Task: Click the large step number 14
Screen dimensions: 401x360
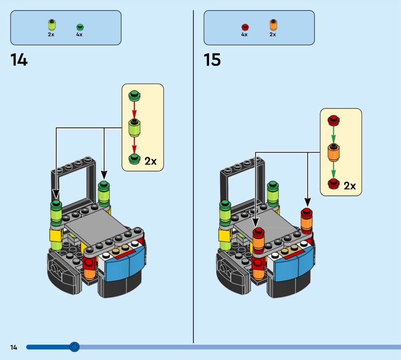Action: [x=19, y=60]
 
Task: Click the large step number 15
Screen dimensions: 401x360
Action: [x=212, y=60]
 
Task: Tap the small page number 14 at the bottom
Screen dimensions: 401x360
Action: [x=14, y=347]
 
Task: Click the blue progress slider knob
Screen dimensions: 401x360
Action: [x=74, y=347]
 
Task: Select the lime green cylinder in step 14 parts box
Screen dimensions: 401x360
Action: [x=52, y=25]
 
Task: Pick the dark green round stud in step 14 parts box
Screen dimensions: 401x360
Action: [x=80, y=27]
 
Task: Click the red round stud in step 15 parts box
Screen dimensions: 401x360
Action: [x=245, y=27]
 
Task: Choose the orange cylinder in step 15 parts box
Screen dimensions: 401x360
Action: [x=273, y=25]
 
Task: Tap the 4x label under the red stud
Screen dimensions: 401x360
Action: [x=244, y=34]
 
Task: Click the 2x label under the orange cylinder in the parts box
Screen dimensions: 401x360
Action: [x=273, y=34]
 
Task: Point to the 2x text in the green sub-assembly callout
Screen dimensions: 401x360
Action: [x=150, y=161]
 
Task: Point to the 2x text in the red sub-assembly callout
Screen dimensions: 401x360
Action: [x=349, y=186]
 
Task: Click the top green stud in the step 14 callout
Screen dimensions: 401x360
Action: [x=134, y=96]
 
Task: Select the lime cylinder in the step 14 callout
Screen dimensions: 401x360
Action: [x=134, y=128]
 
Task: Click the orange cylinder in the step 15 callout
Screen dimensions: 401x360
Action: [x=333, y=152]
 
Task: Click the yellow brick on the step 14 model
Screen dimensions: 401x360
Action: [x=56, y=235]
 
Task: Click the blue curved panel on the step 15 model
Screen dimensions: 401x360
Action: [x=294, y=264]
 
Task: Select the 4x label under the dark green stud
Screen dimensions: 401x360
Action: [x=79, y=34]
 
